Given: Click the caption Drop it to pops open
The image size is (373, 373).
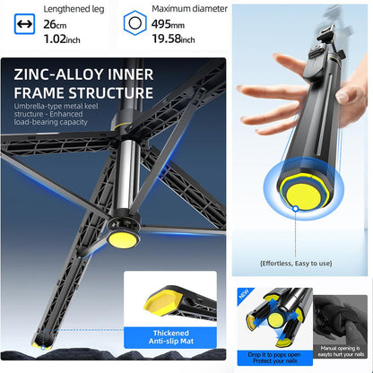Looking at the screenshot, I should pos(276,359).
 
